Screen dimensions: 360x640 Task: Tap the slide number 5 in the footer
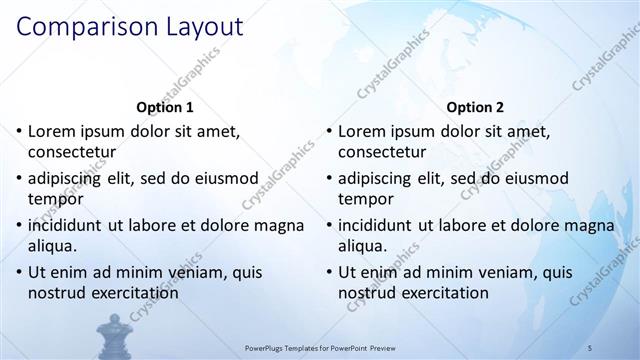591,347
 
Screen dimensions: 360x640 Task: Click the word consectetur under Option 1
72,153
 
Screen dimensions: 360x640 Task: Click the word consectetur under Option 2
382,153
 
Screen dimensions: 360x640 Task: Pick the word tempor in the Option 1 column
53,199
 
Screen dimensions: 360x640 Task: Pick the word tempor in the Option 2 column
363,199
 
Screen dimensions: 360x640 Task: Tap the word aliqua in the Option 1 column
52,246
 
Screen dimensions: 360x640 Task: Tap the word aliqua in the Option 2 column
362,246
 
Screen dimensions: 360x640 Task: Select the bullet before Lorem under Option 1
18,131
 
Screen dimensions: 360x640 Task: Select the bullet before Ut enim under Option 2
328,272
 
